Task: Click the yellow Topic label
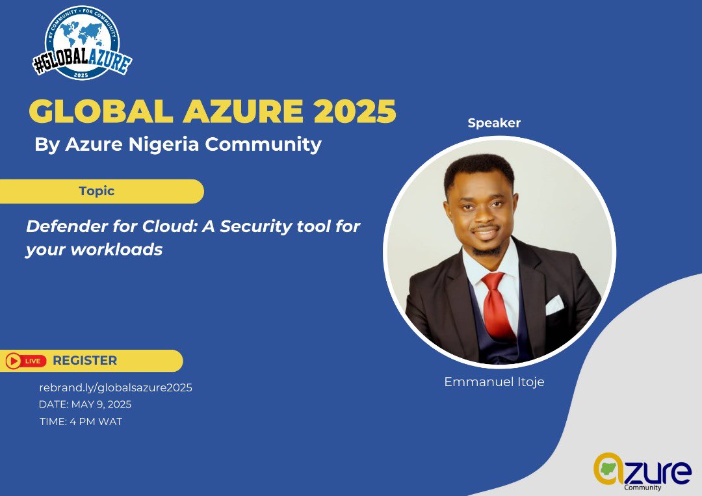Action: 96,191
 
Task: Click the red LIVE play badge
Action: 26,361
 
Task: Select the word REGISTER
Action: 84,361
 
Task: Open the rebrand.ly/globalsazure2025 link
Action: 116,387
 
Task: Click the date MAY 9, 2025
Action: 103,404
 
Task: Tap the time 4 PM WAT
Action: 99,421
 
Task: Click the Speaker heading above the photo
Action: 494,123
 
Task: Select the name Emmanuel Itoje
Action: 494,382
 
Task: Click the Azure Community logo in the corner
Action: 642,471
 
